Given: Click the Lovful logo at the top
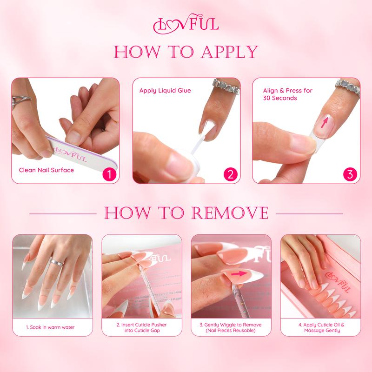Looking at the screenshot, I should pyautogui.click(x=186, y=24).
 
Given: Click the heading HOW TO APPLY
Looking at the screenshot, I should pyautogui.click(x=186, y=52).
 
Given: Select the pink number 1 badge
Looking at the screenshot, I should pyautogui.click(x=109, y=174).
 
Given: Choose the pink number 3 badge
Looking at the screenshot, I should pyautogui.click(x=350, y=174).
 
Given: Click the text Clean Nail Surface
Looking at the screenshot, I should pyautogui.click(x=46, y=170).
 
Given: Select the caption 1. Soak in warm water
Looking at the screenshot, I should pyautogui.click(x=50, y=327).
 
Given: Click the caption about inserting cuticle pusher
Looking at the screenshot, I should pyautogui.click(x=141, y=327).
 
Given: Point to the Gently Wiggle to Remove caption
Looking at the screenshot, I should pyautogui.click(x=231, y=327).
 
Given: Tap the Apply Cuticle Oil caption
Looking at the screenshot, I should pyautogui.click(x=321, y=327).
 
